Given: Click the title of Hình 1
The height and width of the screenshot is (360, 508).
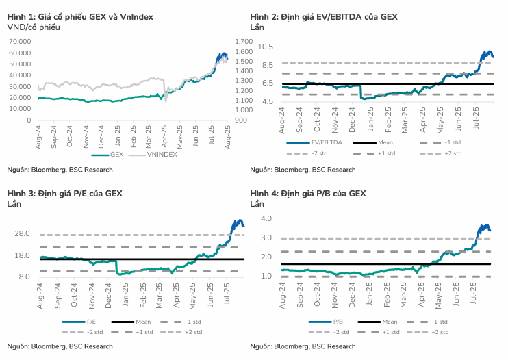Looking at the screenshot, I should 80,16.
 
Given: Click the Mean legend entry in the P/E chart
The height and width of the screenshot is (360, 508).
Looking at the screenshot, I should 140,321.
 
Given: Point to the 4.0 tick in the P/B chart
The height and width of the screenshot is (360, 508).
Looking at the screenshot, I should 266,218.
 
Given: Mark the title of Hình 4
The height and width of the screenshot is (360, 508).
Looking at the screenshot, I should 308,194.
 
